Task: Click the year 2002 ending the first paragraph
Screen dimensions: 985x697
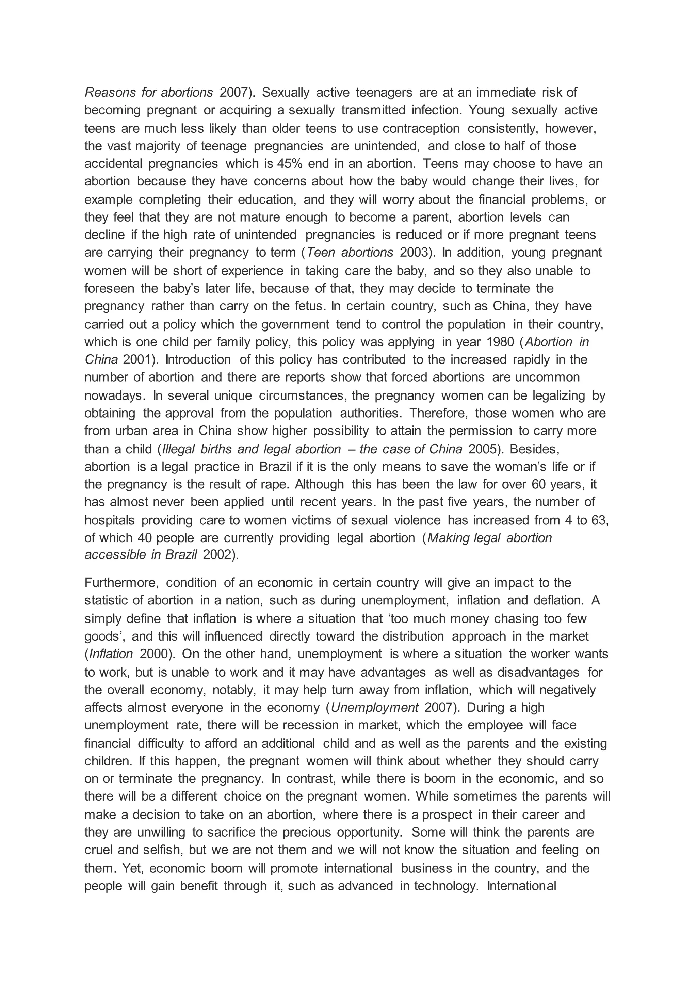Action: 216,554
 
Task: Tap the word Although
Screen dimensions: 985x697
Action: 319,485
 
